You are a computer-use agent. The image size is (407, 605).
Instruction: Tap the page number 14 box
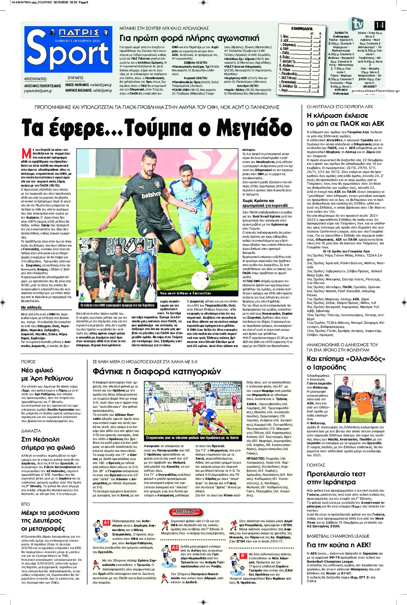point(380,25)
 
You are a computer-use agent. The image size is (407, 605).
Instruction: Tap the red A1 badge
point(106,523)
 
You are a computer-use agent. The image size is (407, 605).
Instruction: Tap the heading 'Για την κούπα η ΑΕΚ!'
point(339,545)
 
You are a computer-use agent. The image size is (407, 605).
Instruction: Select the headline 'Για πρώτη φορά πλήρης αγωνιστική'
point(190,38)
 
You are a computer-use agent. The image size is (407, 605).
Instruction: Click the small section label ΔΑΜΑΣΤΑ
point(31,431)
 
